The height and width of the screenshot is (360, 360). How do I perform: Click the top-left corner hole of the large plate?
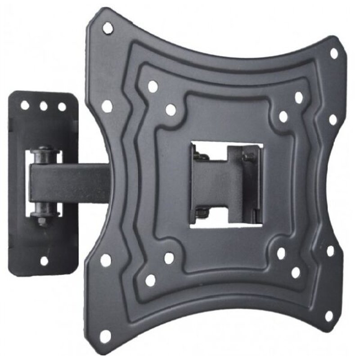[x=107, y=28]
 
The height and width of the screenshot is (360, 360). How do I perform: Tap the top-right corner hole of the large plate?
[x=334, y=53]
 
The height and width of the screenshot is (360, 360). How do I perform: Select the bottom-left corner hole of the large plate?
[x=105, y=336]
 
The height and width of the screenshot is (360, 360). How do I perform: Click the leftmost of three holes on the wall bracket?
[x=25, y=105]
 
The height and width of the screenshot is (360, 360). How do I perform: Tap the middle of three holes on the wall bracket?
[x=44, y=106]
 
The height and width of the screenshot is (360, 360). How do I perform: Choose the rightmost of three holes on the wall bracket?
[x=62, y=107]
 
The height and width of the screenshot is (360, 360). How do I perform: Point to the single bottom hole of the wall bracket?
[x=44, y=261]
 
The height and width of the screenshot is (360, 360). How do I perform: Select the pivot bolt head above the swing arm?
[x=44, y=151]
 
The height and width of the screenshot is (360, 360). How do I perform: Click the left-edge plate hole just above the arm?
[x=107, y=106]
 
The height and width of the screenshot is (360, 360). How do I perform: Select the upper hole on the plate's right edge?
[x=333, y=120]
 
